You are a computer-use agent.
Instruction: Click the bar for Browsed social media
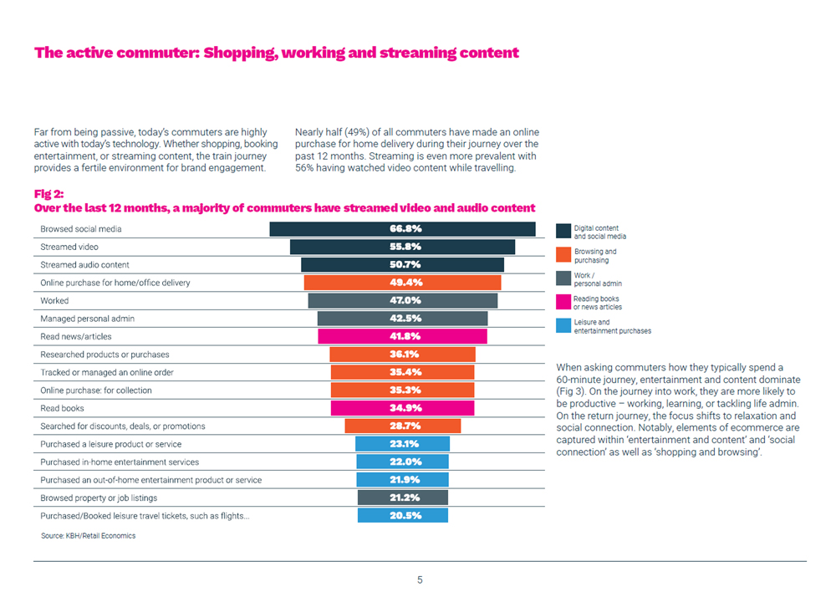(402, 229)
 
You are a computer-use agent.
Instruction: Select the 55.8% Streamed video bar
(402, 247)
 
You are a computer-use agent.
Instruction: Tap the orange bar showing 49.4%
(402, 283)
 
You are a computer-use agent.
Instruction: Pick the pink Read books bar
(402, 408)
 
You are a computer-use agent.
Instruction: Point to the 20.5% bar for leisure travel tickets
(402, 516)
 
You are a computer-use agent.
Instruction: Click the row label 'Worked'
(55, 300)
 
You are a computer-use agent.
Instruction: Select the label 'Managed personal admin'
(88, 319)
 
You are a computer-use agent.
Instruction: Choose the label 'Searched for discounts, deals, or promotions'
(123, 426)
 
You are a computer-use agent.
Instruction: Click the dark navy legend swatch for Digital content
(562, 232)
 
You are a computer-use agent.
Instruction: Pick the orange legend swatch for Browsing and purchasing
(562, 255)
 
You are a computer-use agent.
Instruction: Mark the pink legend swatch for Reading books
(562, 302)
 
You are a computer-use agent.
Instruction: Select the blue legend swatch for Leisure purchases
(562, 326)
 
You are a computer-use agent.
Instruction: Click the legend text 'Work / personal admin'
(597, 279)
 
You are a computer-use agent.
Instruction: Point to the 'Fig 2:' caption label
(48, 193)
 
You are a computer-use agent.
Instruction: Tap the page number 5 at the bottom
(420, 579)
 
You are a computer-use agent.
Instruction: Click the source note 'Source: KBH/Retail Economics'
(88, 535)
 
